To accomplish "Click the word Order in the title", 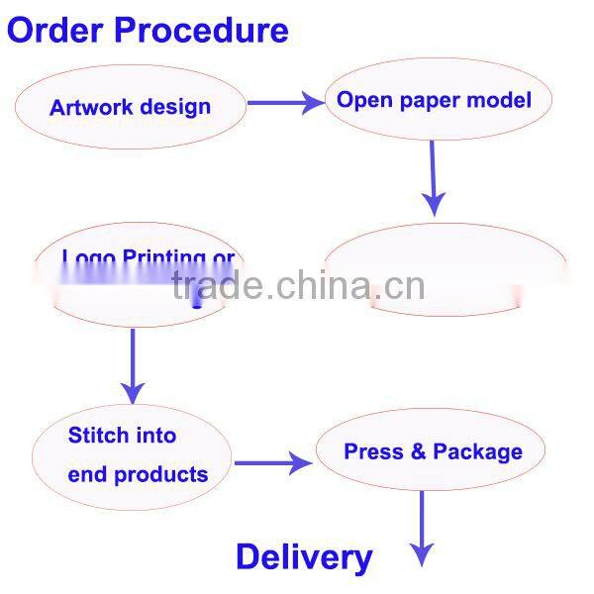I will coord(55,30).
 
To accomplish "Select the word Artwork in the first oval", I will coord(89,106).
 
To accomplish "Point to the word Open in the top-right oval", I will coord(360,99).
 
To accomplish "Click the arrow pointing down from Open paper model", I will coord(432,178).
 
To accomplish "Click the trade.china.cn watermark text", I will coord(297,286).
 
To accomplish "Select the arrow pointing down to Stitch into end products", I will coord(133,366).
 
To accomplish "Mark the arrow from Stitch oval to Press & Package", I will coord(272,461).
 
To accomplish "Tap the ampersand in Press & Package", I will coord(417,451).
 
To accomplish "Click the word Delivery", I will coord(304,557).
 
